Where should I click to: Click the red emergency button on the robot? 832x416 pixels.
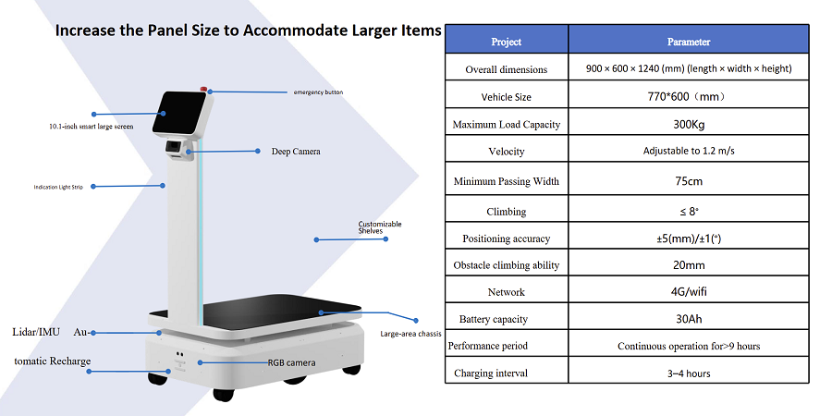point(203,88)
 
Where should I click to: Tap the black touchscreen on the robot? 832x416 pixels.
point(178,113)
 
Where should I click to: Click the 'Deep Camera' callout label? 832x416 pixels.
point(296,152)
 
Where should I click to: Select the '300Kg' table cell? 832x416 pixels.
point(688,125)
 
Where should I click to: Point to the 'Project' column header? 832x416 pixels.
point(507,42)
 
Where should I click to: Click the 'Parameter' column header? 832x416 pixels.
point(688,42)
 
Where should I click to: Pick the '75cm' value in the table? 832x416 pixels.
point(688,181)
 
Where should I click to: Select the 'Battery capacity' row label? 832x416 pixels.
point(494,320)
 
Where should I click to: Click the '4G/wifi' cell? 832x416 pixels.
point(688,291)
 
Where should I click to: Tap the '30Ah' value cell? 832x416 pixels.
point(688,319)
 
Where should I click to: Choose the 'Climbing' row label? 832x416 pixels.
point(507,212)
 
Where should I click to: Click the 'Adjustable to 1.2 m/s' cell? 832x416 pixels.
point(689,151)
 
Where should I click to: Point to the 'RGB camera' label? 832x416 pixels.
point(291,363)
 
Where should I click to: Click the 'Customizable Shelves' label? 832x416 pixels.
point(380,227)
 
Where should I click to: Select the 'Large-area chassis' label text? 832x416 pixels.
point(411,335)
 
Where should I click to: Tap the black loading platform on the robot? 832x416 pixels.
point(281,312)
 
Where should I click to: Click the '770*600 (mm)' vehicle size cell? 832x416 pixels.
point(688,97)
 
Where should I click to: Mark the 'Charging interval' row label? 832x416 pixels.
point(491,373)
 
